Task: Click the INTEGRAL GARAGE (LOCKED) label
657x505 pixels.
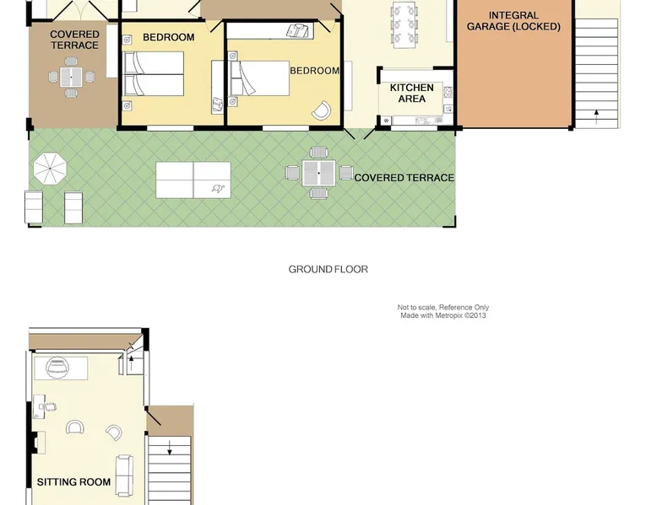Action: coord(513,21)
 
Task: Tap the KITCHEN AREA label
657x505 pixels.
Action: coord(411,93)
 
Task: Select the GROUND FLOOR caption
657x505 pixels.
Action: coord(328,270)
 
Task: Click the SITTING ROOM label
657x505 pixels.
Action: coord(73,482)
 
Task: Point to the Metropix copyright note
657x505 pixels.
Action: coord(443,311)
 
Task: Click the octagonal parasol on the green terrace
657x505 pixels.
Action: coord(50,169)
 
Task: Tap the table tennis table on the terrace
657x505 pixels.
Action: coord(193,180)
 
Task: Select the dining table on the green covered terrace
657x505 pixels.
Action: coord(319,173)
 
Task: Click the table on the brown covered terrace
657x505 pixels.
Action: coord(71,77)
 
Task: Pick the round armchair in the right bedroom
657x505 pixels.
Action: coord(322,110)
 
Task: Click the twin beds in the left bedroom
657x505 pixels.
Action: coord(155,73)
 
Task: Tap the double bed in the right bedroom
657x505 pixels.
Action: coord(260,78)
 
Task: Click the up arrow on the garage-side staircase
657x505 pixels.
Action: coord(596,116)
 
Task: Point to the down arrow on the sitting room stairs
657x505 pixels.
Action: coord(169,448)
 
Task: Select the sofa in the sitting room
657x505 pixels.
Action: coord(124,475)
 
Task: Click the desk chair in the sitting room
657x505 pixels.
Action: coord(50,406)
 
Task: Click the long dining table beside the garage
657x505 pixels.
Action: coord(404,24)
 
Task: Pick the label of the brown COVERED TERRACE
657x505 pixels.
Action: coord(74,40)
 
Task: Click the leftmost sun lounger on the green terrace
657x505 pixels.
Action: coord(34,207)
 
